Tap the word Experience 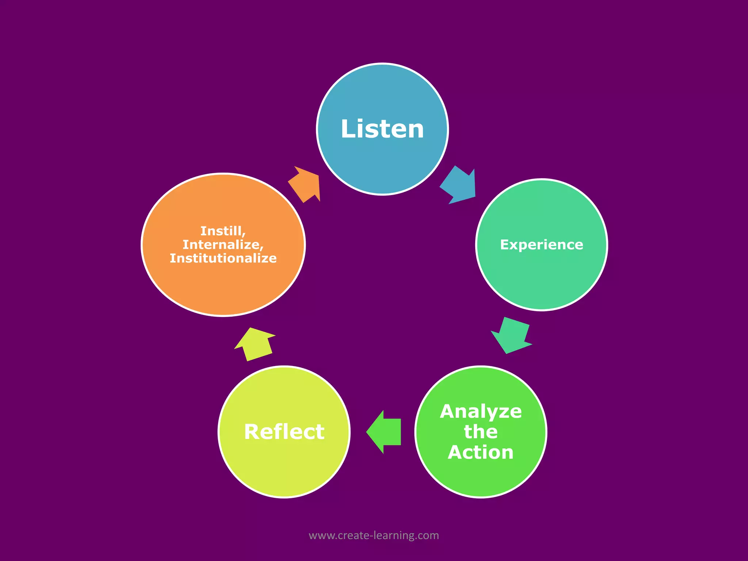[x=542, y=245]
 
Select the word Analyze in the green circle [x=481, y=412]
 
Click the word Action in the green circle [x=481, y=452]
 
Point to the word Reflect [x=284, y=432]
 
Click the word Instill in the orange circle [x=223, y=231]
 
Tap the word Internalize [x=223, y=244]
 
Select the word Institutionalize [x=223, y=258]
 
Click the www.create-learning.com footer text [x=374, y=535]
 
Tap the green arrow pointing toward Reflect [x=384, y=432]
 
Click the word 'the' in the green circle [x=481, y=432]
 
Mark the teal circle [x=542, y=281]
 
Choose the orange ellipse [x=223, y=289]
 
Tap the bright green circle [x=481, y=478]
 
